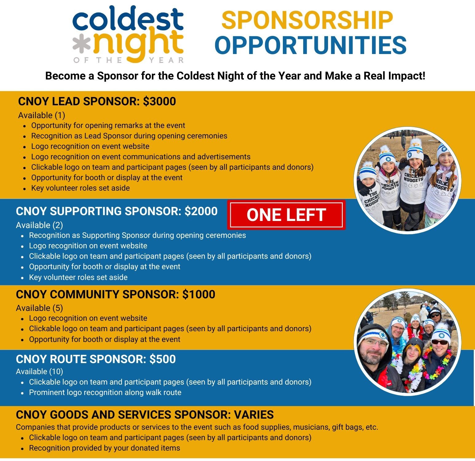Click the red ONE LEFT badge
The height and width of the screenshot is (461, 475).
[x=286, y=215]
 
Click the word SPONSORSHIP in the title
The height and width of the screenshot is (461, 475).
[x=307, y=20]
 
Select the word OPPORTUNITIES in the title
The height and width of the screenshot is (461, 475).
[x=311, y=45]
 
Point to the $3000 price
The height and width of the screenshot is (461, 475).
[x=159, y=101]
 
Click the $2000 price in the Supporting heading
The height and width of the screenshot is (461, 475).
[x=201, y=211]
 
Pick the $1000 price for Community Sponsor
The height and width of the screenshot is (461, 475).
[x=199, y=294]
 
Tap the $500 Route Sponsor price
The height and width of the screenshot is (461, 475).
[x=163, y=359]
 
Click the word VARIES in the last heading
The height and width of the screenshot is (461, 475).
[x=254, y=415]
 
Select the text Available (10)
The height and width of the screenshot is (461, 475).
[x=39, y=371]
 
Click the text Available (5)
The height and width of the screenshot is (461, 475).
[x=39, y=308]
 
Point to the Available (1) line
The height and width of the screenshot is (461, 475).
[x=42, y=115]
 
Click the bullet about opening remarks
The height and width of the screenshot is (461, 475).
[x=108, y=126]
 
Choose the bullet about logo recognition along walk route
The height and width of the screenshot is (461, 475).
[x=105, y=393]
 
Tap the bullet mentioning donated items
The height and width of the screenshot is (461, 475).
[x=105, y=448]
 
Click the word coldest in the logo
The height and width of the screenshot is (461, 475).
[x=128, y=19]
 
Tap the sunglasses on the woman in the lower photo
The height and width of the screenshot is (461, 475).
[x=440, y=342]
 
